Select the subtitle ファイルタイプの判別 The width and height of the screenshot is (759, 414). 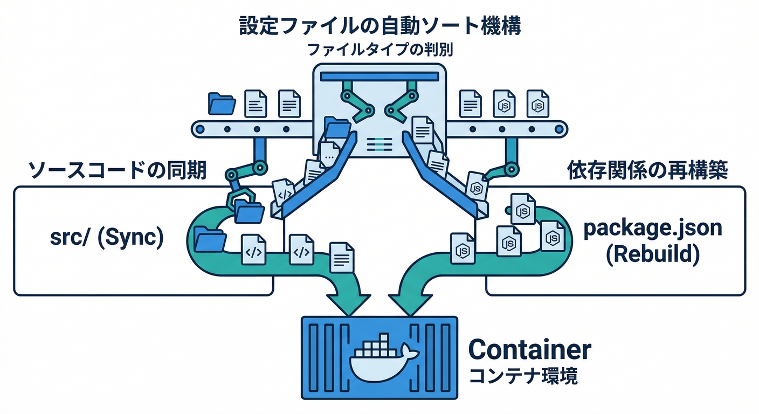click(379, 50)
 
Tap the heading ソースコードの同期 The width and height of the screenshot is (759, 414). click(118, 171)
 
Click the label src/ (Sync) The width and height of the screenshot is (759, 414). click(107, 237)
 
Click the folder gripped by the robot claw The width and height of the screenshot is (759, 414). click(249, 212)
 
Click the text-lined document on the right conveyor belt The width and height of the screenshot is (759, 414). click(470, 103)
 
